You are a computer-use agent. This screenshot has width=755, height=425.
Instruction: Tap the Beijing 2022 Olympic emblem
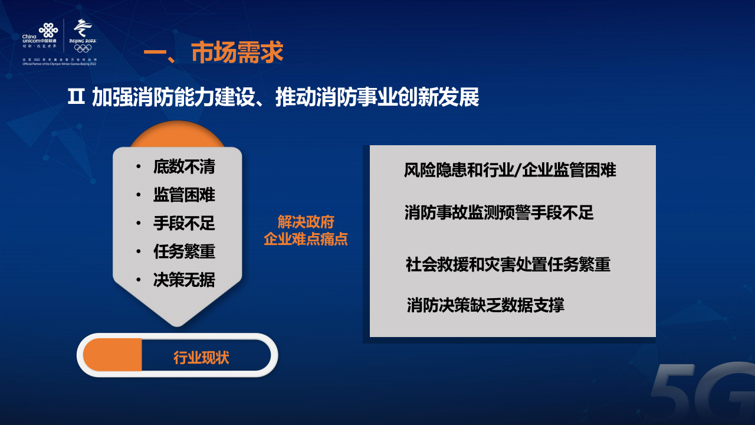click(83, 35)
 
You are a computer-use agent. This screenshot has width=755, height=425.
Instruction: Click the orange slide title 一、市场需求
click(214, 53)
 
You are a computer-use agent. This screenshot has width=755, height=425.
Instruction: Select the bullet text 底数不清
click(184, 167)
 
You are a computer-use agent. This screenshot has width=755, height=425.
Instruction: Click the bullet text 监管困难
click(184, 195)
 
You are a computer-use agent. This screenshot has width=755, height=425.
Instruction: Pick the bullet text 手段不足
click(184, 224)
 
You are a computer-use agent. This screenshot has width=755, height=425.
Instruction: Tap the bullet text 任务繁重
click(184, 252)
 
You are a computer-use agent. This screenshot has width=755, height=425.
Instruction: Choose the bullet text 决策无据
click(184, 280)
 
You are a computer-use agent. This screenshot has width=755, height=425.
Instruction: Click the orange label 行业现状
click(201, 358)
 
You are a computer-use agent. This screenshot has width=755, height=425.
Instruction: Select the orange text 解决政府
click(306, 222)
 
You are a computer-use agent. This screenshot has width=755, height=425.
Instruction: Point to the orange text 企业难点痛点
click(306, 239)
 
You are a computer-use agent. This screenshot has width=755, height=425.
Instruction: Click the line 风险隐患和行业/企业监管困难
click(510, 171)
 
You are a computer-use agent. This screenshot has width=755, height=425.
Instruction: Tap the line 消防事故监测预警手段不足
click(499, 212)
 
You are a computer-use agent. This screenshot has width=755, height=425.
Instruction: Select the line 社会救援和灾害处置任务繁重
click(508, 264)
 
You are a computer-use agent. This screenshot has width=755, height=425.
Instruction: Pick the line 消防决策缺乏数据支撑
click(485, 305)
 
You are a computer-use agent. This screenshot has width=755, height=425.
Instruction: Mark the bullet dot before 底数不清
click(138, 167)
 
